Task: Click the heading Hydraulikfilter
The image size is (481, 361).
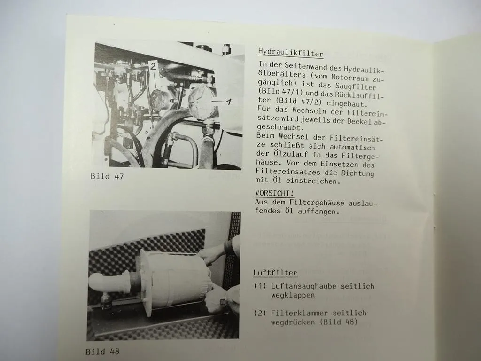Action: [291, 53]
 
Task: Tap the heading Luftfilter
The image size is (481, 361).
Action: [275, 272]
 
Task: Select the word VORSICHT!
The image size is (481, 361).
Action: [274, 193]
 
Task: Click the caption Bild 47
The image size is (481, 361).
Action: [108, 176]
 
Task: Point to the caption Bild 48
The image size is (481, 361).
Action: [102, 351]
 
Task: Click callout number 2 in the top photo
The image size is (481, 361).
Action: [153, 67]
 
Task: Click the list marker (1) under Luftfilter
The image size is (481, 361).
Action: [260, 286]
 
